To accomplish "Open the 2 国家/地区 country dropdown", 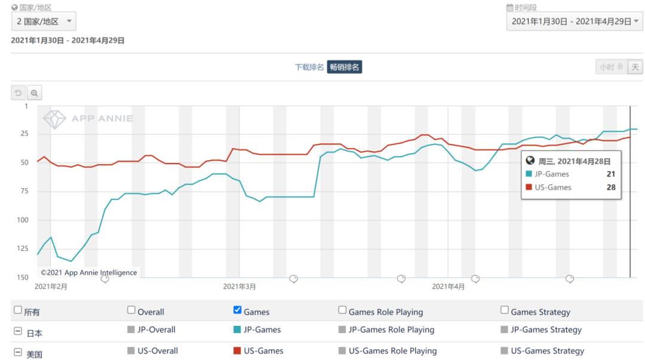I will tap(44, 21).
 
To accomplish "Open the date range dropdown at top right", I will tap(574, 21).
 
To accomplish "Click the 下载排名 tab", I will tap(309, 67).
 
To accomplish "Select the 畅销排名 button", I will tap(345, 67).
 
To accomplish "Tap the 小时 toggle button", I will tap(611, 67).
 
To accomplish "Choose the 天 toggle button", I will tap(635, 67).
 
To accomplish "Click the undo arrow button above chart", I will tap(19, 93).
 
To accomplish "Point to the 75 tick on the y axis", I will tap(24, 192).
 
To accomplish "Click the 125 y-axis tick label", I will tap(22, 249).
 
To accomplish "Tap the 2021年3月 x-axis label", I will tap(239, 287).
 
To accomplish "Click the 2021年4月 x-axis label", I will tap(448, 287).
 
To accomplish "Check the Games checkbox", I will tap(238, 310).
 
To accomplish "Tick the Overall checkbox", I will tap(131, 310).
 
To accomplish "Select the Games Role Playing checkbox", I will tap(343, 310).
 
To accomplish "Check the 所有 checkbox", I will tap(18, 310).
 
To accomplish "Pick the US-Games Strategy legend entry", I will tap(547, 351).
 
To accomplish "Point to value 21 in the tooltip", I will tap(610, 174).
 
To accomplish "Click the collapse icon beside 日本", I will tap(17, 332).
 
